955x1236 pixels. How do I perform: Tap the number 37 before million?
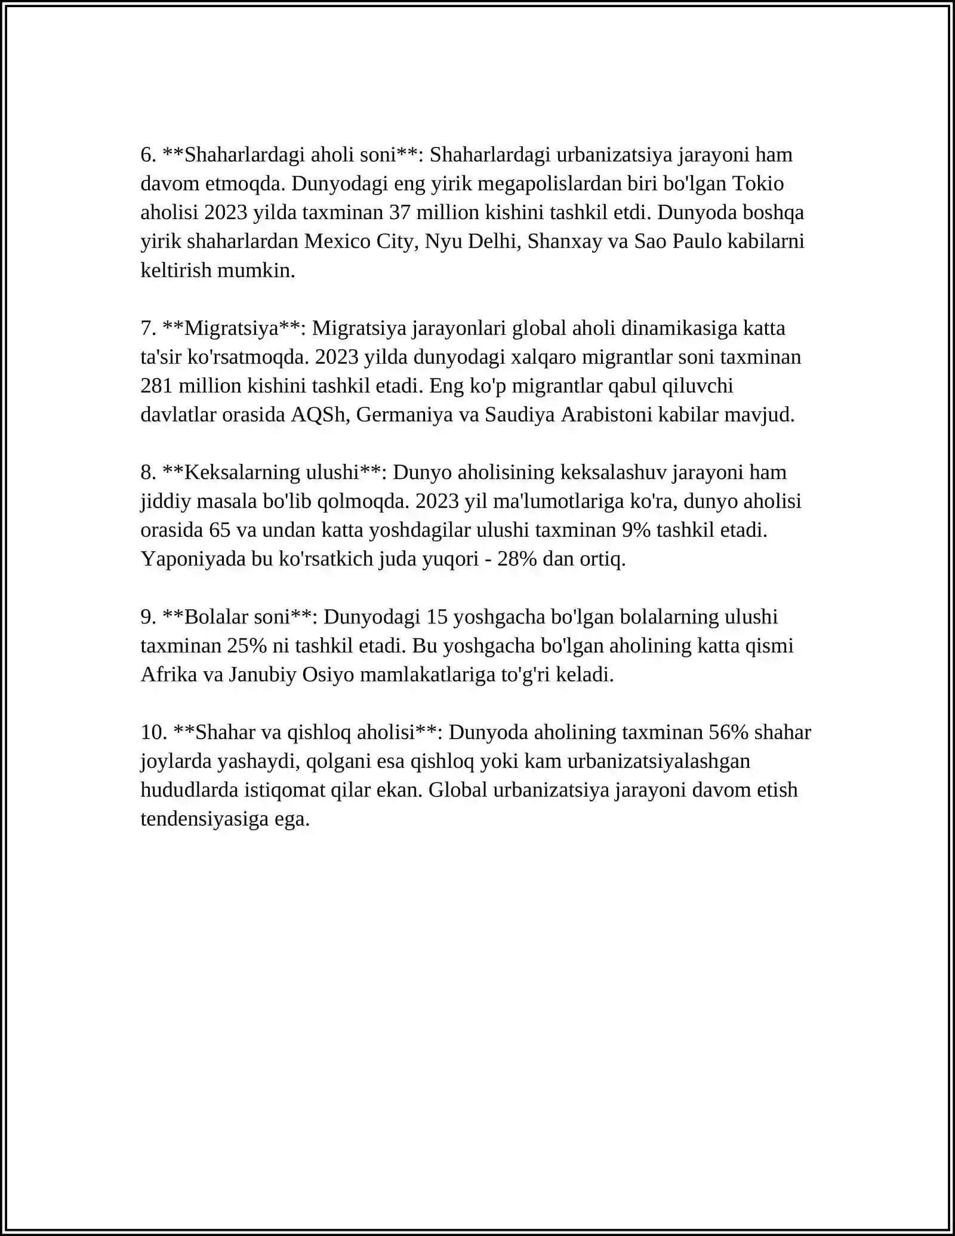pyautogui.click(x=401, y=213)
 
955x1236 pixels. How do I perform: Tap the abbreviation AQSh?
pyautogui.click(x=318, y=414)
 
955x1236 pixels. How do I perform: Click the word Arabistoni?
pyautogui.click(x=606, y=414)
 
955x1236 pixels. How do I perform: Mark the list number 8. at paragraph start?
pyautogui.click(x=149, y=472)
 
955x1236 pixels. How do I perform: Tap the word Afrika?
pyautogui.click(x=169, y=675)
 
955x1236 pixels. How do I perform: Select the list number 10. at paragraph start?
pyautogui.click(x=153, y=732)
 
